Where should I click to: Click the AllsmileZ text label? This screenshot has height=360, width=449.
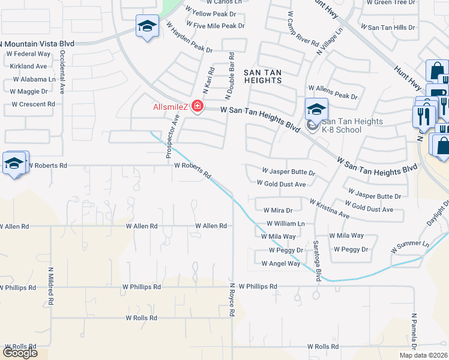(x=170, y=107)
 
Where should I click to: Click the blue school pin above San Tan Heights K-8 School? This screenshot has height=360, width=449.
(x=316, y=109)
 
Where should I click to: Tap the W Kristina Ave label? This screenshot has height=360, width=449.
(x=329, y=209)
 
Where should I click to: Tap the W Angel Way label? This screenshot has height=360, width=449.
(x=281, y=263)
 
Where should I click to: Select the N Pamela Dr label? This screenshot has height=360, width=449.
(x=414, y=334)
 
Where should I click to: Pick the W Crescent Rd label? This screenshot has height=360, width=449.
(x=33, y=104)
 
